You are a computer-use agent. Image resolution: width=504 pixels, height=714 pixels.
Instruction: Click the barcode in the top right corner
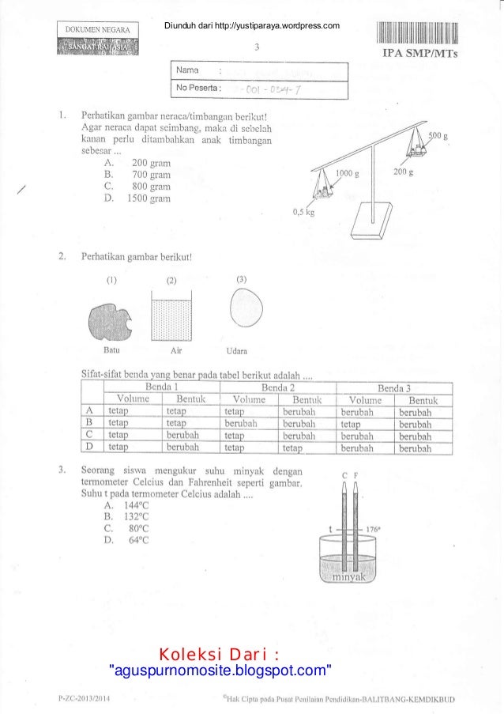coord(419,35)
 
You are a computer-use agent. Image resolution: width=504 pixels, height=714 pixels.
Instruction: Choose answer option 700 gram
coord(150,174)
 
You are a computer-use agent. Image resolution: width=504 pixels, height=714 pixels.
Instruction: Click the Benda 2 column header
coord(278,387)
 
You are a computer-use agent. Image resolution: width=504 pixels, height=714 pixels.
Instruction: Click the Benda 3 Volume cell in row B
coord(364,423)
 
